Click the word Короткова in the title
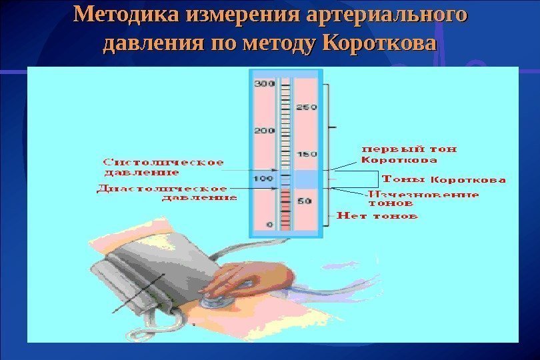pos(378,44)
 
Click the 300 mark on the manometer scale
pos(265,83)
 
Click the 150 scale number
pos(306,154)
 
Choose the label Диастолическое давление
pos(167,193)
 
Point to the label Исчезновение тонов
pos(423,199)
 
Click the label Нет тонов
pos(377,216)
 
